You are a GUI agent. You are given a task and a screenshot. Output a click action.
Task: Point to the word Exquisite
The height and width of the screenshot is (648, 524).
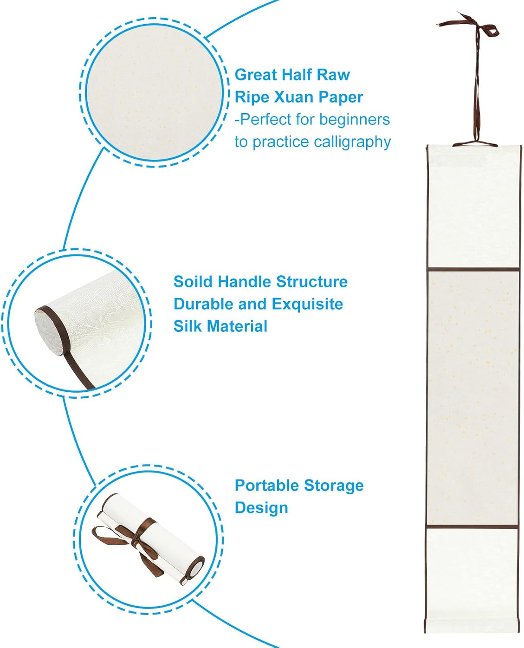[x=307, y=304]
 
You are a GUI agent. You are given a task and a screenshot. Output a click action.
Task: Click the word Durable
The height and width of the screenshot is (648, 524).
[x=203, y=304]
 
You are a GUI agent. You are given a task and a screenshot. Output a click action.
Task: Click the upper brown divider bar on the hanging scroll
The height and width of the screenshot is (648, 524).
[x=473, y=269]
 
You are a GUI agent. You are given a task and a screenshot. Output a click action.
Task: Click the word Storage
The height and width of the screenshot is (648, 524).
[x=334, y=486]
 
